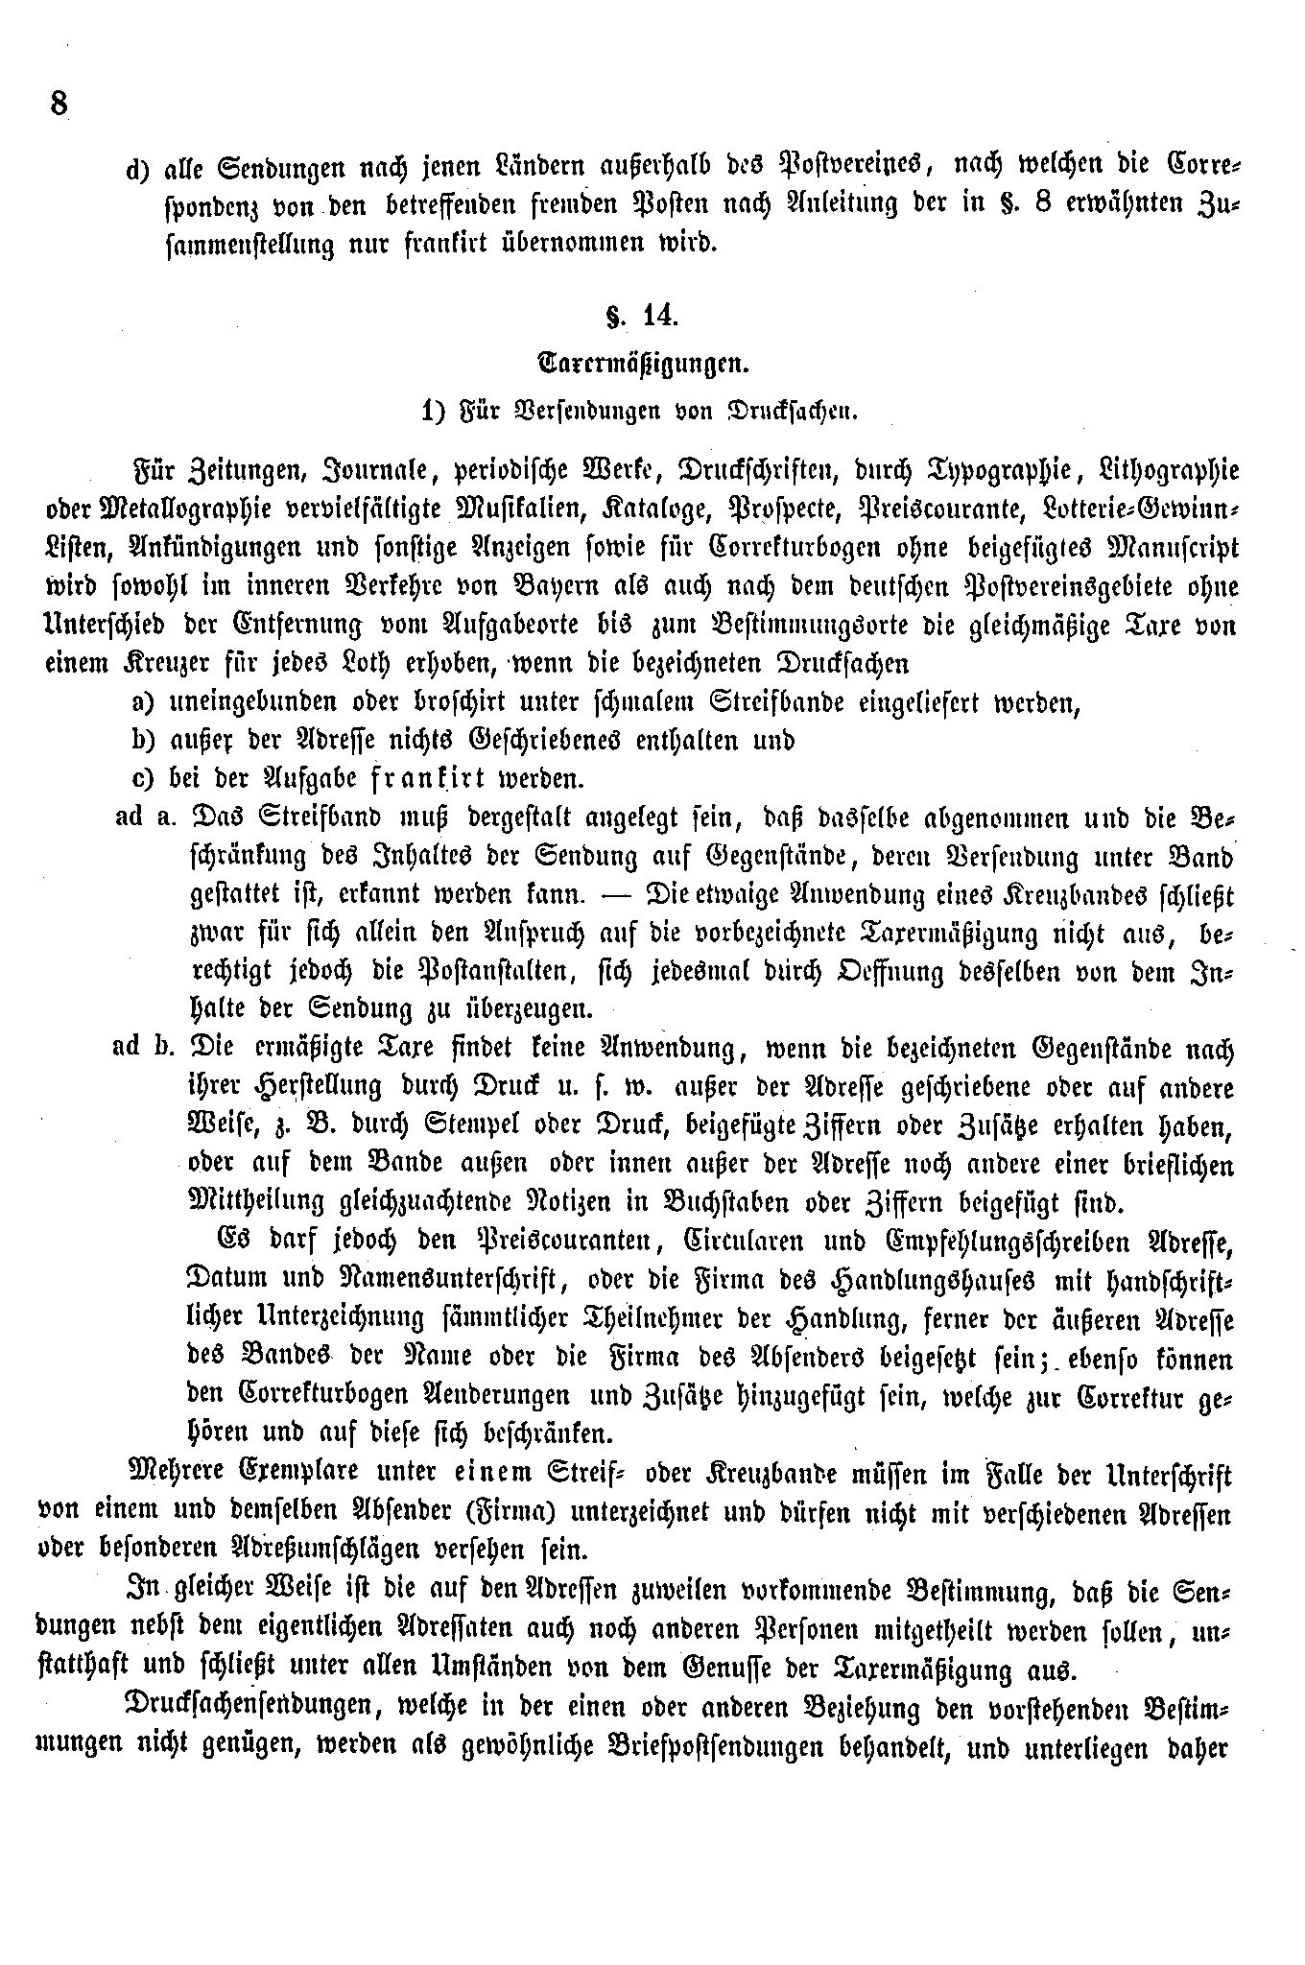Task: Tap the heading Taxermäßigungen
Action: pyautogui.click(x=643, y=364)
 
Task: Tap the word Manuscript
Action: pyautogui.click(x=1164, y=548)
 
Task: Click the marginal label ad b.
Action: pyautogui.click(x=142, y=1047)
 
